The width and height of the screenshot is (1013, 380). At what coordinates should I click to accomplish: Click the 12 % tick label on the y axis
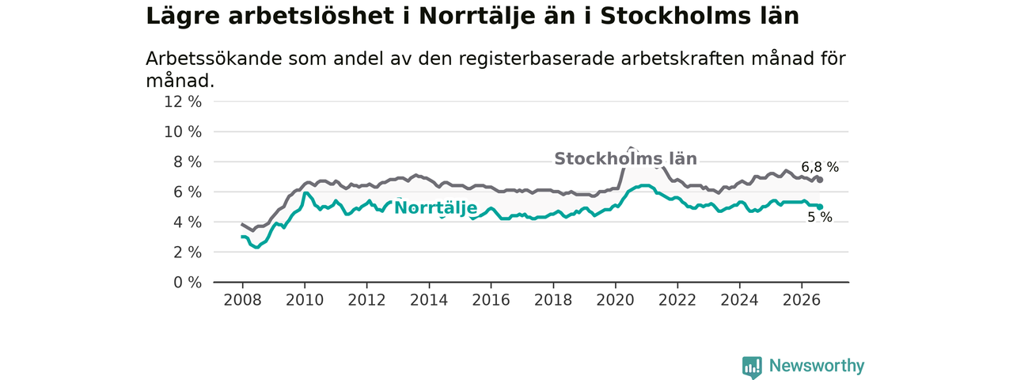pos(183,102)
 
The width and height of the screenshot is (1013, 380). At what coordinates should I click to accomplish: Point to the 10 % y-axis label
pos(183,132)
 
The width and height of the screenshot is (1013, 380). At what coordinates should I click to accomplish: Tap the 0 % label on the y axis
pos(188,283)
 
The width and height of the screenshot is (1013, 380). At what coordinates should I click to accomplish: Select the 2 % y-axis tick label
pos(188,253)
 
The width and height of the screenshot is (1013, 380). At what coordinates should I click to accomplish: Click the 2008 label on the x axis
pos(242,300)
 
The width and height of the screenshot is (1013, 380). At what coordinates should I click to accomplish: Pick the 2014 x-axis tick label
pos(429,300)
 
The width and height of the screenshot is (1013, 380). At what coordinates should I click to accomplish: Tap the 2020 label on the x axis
pos(615,300)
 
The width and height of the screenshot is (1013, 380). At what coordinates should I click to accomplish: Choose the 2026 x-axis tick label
pos(802,300)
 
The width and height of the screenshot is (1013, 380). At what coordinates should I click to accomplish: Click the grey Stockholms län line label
pos(625,159)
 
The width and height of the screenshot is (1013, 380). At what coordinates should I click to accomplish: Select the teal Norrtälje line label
pos(436,208)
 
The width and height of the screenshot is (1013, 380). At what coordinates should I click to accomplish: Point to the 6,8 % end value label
pos(820,167)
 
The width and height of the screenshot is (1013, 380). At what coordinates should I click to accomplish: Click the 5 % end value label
pos(820,218)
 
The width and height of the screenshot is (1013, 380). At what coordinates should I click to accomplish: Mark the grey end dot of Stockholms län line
pos(820,180)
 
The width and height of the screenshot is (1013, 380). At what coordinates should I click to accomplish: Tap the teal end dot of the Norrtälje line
pos(820,207)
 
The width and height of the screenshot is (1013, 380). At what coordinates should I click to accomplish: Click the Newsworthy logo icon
pos(752,367)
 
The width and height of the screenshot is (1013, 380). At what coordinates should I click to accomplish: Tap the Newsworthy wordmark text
pos(817,366)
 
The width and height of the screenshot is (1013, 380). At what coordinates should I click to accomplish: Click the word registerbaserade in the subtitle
pos(536,59)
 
